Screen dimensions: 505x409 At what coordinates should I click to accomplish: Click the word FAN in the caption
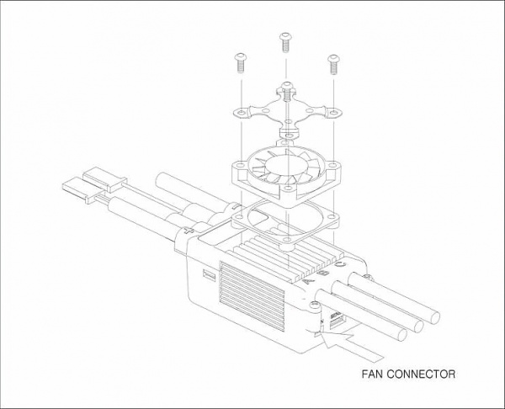372,374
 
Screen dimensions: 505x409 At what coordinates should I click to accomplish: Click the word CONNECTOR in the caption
421,374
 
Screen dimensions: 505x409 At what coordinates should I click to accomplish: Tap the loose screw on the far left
240,63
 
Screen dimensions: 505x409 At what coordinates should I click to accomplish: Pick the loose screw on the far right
333,65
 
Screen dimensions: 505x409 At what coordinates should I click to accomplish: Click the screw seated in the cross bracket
287,91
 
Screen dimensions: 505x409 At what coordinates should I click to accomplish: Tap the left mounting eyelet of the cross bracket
240,113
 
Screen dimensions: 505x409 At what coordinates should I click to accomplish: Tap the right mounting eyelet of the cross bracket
334,113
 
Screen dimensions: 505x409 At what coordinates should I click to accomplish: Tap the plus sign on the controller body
188,231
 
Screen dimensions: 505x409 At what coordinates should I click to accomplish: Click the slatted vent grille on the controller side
252,296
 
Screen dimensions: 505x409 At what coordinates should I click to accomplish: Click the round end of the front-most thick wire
402,335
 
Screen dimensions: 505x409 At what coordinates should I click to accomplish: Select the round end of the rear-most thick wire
435,318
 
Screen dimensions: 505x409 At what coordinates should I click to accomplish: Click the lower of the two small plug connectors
83,191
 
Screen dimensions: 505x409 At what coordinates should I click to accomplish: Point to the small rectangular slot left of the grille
209,274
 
